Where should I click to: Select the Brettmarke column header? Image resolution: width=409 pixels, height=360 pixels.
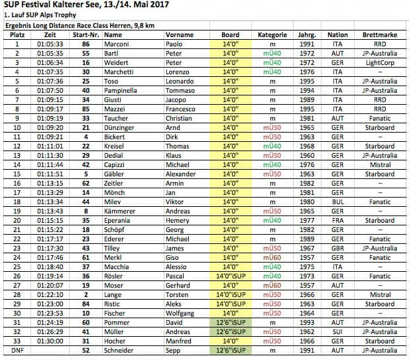tap(379, 34)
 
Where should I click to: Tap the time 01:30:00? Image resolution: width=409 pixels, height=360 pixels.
tap(50, 341)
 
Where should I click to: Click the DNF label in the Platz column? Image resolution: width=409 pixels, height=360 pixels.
tap(18, 350)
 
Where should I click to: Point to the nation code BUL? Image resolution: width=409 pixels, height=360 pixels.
tap(337, 202)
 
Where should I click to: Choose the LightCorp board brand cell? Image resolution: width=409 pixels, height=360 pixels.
tap(379, 62)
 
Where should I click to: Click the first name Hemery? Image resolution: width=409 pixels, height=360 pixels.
tap(178, 220)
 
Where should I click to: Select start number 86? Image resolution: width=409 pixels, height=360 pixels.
tap(86, 44)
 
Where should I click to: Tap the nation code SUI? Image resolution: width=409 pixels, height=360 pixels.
tap(337, 331)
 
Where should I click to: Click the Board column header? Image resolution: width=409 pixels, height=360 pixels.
tap(230, 34)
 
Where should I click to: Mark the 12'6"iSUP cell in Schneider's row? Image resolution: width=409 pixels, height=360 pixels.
tap(230, 350)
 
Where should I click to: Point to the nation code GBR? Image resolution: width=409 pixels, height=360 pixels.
tap(337, 248)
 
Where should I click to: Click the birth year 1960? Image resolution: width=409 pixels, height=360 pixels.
tap(307, 155)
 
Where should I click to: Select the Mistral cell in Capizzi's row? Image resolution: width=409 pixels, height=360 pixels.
tap(379, 164)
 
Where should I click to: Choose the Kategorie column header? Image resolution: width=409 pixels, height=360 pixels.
tap(272, 34)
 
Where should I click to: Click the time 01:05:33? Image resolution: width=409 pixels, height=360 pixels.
tap(50, 44)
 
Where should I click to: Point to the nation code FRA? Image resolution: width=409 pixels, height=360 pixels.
tap(337, 220)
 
